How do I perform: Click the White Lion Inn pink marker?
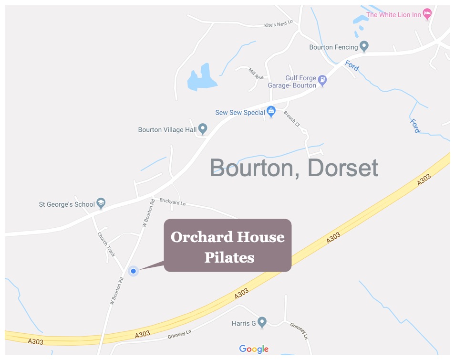tap(427, 13)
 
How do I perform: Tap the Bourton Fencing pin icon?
tap(364, 46)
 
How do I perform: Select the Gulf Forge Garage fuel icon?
tap(323, 80)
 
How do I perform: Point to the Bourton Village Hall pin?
tap(203, 128)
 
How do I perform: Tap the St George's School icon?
tap(101, 203)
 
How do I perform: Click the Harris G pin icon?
tap(261, 322)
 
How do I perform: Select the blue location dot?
tap(134, 271)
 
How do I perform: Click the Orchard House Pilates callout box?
tap(227, 245)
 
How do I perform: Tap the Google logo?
tap(254, 349)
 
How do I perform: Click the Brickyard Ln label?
tap(173, 202)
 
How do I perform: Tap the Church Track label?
tap(106, 244)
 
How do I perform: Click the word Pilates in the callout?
tap(229, 257)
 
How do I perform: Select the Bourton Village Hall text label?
tap(167, 129)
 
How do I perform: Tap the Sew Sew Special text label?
tap(240, 113)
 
